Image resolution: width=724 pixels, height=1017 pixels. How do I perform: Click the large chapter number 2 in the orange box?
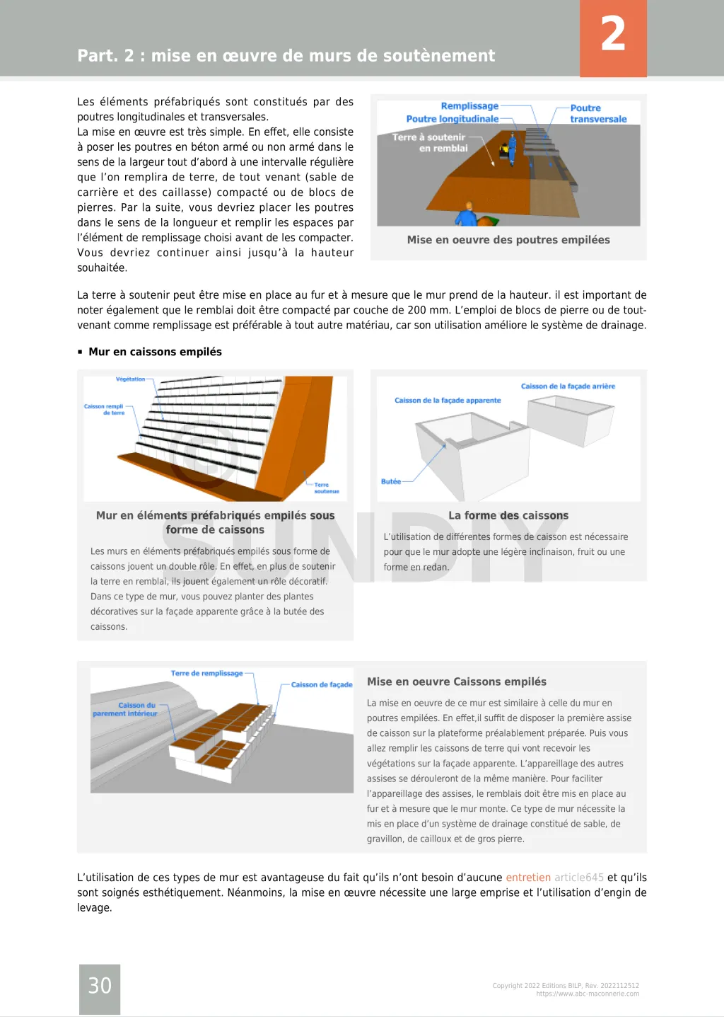(x=613, y=35)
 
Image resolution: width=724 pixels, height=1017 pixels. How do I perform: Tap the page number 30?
(x=100, y=985)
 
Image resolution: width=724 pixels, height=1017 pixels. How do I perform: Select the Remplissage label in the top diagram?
(x=469, y=106)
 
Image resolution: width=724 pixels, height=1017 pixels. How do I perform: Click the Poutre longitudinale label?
(x=452, y=119)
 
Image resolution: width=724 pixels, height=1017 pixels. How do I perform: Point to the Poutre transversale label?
(x=598, y=113)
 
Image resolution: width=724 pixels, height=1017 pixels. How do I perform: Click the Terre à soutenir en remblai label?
(x=430, y=143)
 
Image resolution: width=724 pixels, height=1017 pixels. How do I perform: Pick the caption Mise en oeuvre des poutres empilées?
(x=508, y=240)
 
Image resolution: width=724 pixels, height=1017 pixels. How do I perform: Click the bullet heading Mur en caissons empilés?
(x=155, y=352)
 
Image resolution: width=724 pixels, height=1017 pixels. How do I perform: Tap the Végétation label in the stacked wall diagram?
(x=130, y=379)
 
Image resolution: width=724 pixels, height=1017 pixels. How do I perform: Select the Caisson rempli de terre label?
(x=105, y=409)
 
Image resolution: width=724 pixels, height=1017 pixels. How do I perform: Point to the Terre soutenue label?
(x=326, y=488)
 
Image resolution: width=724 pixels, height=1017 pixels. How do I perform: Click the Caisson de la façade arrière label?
(x=568, y=386)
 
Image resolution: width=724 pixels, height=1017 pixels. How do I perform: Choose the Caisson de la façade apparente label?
(x=448, y=401)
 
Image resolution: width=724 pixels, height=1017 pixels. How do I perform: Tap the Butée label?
(x=391, y=481)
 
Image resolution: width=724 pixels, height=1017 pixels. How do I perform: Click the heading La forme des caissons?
(x=508, y=516)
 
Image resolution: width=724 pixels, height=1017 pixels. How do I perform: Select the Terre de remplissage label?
(x=206, y=673)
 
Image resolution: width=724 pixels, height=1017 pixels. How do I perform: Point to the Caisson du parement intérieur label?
(x=125, y=709)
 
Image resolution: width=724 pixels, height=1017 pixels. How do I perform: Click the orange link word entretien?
(x=527, y=878)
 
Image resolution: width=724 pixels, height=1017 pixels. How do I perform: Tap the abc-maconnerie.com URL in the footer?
(x=588, y=994)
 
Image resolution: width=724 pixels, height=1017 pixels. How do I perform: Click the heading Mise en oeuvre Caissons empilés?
(x=457, y=682)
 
